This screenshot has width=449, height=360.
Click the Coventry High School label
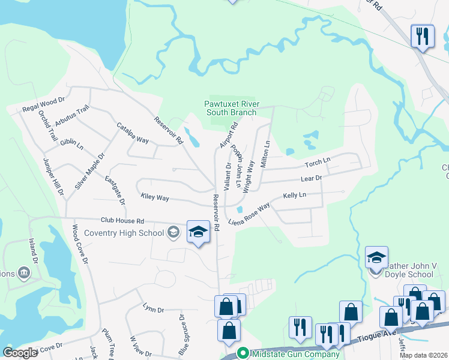click(124, 233)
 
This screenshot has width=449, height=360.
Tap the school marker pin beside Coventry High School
click(198, 231)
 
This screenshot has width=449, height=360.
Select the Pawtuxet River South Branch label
click(231, 108)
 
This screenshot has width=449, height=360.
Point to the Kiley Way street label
click(155, 197)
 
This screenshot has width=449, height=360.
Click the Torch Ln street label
click(318, 162)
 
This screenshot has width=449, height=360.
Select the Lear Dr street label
click(311, 178)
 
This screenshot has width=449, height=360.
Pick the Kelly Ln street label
click(295, 196)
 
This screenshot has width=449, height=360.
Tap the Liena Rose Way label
click(249, 215)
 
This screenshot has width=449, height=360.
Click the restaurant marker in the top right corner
click(422, 36)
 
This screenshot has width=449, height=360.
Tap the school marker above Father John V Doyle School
click(376, 258)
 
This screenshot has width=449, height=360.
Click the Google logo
click(20, 353)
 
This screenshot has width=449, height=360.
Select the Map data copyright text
click(423, 355)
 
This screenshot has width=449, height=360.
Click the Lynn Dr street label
click(154, 309)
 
